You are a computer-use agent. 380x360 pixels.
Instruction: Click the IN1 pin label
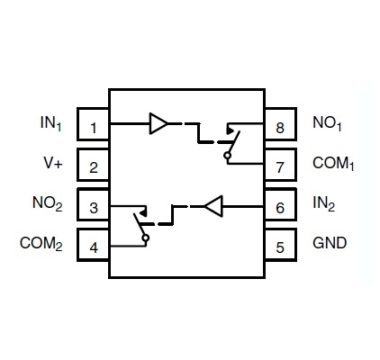[50, 123]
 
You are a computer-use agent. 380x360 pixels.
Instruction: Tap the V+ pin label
[53, 163]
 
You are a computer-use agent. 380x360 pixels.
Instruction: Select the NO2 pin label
[47, 203]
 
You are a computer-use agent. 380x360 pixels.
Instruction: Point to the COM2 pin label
[41, 243]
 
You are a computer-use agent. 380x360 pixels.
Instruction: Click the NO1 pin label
[327, 123]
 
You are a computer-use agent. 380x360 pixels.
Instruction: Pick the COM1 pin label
[333, 164]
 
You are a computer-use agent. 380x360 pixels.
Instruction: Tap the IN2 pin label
[323, 203]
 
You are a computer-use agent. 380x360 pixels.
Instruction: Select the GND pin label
[330, 243]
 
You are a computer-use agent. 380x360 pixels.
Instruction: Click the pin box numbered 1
[93, 124]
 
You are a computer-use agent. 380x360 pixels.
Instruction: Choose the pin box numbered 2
[93, 165]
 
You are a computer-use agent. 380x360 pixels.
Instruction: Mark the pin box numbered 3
[93, 204]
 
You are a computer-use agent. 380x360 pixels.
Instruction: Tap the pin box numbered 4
[93, 245]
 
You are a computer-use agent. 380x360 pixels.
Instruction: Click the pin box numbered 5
[281, 245]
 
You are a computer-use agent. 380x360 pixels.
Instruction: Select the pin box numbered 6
[281, 204]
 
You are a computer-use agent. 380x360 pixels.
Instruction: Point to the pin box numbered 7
[281, 165]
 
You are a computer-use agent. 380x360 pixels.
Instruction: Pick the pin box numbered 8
[281, 124]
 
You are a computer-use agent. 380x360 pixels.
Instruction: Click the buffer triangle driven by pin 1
[158, 123]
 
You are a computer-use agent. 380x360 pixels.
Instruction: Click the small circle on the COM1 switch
[228, 156]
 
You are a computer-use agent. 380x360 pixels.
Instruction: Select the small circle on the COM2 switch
[146, 238]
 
